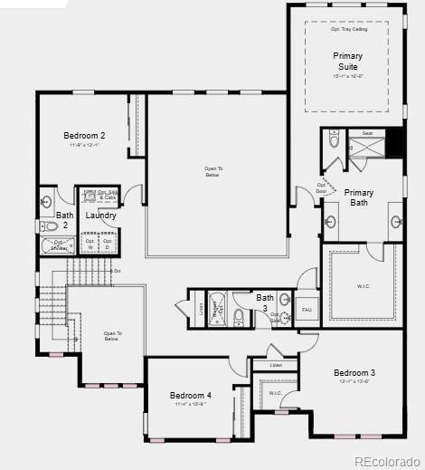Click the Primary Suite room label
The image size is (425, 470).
coord(347,62)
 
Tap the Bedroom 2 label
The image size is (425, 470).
coord(84,136)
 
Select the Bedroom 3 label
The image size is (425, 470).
coord(354,373)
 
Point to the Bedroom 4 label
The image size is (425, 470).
coord(191,396)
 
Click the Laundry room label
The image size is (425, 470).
coord(100,216)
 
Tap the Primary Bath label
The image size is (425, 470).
coord(359,197)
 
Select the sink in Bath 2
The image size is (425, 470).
coord(45,202)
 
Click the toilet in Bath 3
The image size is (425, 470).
coord(239,316)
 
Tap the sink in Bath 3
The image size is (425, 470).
coord(284,300)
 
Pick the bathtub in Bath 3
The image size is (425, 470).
coord(217,308)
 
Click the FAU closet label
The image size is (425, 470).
coord(307,310)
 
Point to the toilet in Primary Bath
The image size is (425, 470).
coord(334,140)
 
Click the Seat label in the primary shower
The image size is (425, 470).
coord(367,133)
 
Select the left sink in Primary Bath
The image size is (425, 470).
coord(330,221)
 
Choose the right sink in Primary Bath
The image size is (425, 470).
coord(396,221)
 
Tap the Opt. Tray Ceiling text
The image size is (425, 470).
coord(348,30)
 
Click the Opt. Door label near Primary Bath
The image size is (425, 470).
coord(321,188)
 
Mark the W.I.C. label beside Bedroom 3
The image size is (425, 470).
coord(275,393)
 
